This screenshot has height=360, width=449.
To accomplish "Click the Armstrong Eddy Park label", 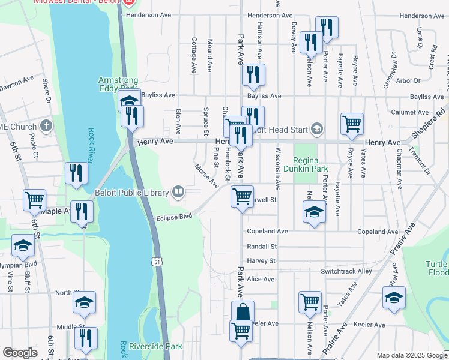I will (x=119, y=84).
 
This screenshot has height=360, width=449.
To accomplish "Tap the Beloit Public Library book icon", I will (x=178, y=192).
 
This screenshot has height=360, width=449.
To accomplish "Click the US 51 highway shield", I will (x=157, y=262).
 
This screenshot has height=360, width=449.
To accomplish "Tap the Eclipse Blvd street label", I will (x=174, y=217).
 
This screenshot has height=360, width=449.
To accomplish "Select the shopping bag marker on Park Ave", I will (x=243, y=312).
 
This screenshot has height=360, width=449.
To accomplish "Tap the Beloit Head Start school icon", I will (x=316, y=129).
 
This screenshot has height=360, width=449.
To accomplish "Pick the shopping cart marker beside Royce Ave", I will (x=352, y=124).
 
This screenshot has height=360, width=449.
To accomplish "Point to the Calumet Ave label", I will (x=409, y=112).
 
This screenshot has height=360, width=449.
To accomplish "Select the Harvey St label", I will (x=261, y=261).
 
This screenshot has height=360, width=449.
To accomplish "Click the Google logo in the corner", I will (x=20, y=353).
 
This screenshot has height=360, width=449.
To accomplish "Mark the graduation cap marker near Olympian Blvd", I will (x=23, y=245).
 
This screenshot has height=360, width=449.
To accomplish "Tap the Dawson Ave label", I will (x=17, y=81).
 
